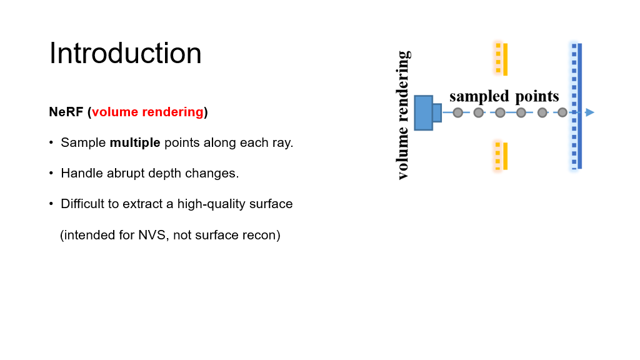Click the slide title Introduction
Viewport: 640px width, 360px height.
click(125, 54)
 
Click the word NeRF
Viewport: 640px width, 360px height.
click(66, 112)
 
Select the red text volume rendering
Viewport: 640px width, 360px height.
click(147, 112)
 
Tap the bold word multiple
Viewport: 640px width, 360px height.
click(135, 142)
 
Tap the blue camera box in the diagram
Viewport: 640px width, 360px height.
click(424, 112)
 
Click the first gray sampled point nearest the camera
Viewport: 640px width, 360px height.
click(457, 112)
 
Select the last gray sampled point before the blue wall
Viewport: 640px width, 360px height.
click(562, 112)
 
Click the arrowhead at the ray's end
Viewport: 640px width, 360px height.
click(589, 112)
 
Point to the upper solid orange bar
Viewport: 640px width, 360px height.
click(505, 59)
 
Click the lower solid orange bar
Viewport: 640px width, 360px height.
click(505, 156)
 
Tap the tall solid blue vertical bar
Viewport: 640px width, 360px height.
click(580, 106)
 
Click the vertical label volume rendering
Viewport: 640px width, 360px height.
click(403, 115)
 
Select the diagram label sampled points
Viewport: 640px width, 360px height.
click(504, 96)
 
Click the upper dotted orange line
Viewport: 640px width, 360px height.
click(498, 57)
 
